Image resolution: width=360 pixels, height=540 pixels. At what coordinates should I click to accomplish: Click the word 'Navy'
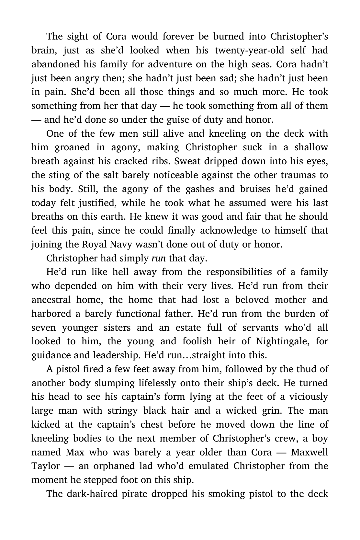[119, 245]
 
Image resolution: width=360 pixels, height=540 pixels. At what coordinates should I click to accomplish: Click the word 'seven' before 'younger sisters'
[43, 328]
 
